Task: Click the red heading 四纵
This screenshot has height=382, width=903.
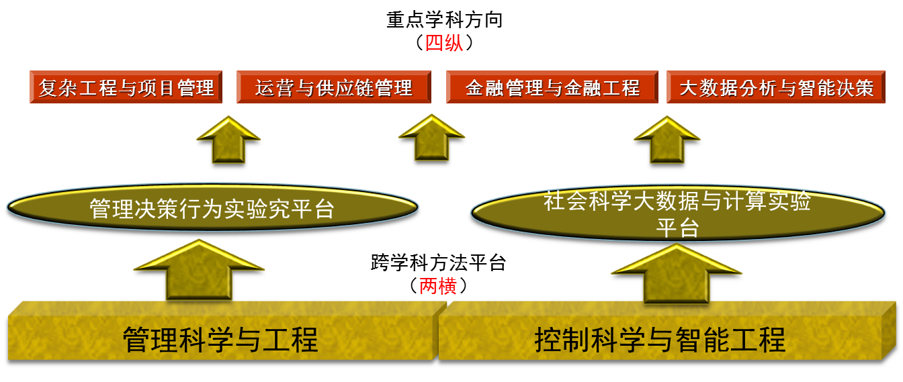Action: (443, 44)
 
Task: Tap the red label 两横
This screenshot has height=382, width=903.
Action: (438, 287)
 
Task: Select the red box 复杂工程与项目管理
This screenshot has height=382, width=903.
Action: (126, 87)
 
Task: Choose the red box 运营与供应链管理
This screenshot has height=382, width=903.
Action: (333, 87)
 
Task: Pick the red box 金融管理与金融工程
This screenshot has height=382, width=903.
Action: (552, 87)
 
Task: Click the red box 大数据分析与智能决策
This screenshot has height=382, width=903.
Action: (775, 87)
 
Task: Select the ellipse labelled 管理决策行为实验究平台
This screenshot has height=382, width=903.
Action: (212, 208)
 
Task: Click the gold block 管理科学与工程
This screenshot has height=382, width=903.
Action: (220, 339)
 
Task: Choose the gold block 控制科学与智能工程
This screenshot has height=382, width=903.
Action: (660, 339)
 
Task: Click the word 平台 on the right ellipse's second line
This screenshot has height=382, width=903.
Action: (677, 228)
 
